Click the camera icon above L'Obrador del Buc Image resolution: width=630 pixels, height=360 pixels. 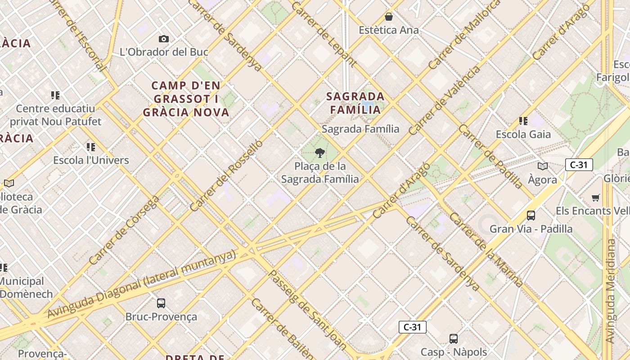tap(164, 39)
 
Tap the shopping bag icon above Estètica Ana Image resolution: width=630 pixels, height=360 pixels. tap(389, 17)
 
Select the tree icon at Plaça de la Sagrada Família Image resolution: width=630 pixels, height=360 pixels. tap(320, 153)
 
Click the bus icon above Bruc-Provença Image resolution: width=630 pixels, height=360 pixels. tap(161, 303)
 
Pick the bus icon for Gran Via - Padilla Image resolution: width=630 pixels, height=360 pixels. tap(531, 216)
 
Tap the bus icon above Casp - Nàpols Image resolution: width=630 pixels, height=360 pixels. tap(454, 339)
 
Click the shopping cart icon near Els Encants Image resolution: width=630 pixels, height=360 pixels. tap(596, 198)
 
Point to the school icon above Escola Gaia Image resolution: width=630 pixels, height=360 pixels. tap(523, 121)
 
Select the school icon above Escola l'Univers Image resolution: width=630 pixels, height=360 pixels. tap(91, 147)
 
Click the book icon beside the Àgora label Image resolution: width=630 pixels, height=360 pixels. tap(543, 166)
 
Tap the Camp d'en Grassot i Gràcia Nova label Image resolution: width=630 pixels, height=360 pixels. tap(186, 99)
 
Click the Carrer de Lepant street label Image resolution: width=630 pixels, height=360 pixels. tap(324, 34)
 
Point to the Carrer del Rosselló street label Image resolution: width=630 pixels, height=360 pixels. tap(226, 175)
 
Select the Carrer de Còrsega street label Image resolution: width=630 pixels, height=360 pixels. tap(124, 229)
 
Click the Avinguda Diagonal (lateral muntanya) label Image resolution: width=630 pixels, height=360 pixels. tap(142, 284)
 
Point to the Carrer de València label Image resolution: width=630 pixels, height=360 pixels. tap(444, 101)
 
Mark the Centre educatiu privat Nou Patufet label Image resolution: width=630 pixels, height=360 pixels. tap(56, 115)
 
